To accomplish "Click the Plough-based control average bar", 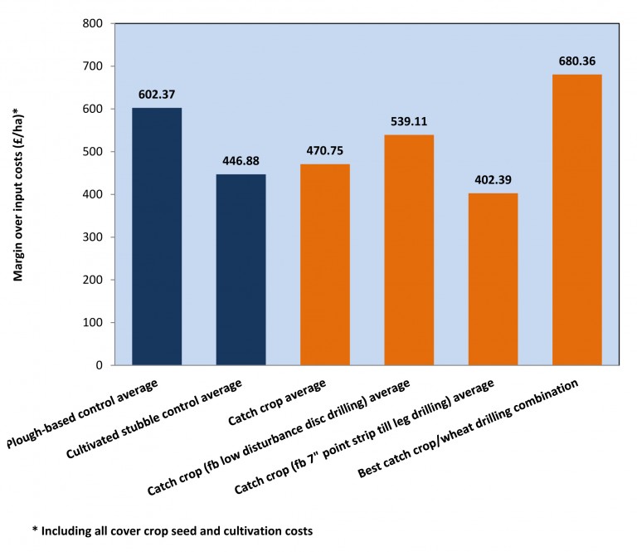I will click(x=157, y=237).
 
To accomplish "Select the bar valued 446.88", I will click(x=241, y=270).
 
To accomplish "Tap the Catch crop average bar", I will click(x=324, y=265).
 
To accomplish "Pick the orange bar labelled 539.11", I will click(x=409, y=250).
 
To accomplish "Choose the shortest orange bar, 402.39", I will click(x=493, y=279).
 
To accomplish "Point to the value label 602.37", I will click(x=157, y=95).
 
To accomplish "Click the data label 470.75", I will click(x=324, y=151).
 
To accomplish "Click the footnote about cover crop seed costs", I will click(x=173, y=530).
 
